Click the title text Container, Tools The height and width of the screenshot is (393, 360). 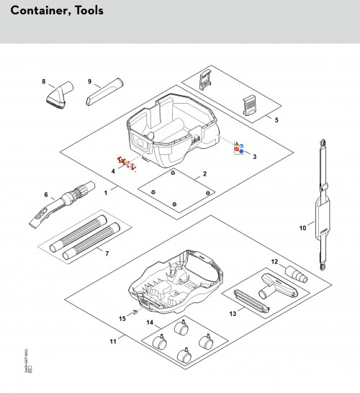point(58,11)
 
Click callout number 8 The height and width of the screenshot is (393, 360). point(44,81)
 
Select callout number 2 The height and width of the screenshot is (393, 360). point(204,174)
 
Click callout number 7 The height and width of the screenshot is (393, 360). point(107,253)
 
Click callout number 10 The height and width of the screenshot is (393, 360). point(302,229)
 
